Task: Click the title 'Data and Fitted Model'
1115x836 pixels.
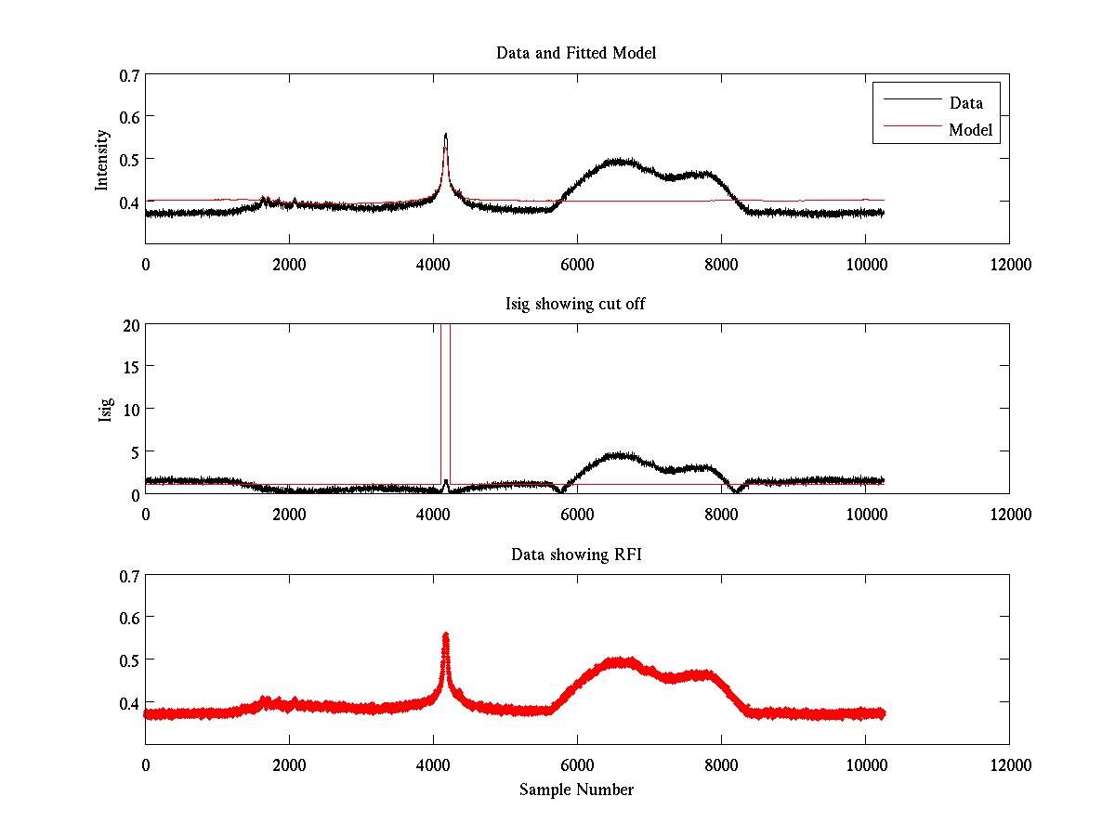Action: [576, 53]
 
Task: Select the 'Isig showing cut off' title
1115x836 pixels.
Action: [576, 304]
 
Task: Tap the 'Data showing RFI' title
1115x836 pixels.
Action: [576, 555]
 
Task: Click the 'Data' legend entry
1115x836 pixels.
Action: [965, 103]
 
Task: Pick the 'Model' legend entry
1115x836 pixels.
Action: [970, 130]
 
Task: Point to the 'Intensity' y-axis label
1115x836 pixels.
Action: [103, 159]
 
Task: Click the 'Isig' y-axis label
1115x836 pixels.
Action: [106, 409]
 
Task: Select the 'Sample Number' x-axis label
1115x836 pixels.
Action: [576, 790]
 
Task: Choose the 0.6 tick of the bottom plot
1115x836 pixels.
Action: [128, 618]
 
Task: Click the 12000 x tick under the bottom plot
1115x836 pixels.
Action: [1009, 765]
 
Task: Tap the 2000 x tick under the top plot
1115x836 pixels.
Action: [289, 264]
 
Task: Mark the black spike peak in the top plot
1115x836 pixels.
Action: [446, 135]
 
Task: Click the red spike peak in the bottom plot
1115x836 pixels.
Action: [446, 635]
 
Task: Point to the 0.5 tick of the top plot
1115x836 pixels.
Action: [128, 159]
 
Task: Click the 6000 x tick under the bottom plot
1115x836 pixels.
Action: [577, 765]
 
